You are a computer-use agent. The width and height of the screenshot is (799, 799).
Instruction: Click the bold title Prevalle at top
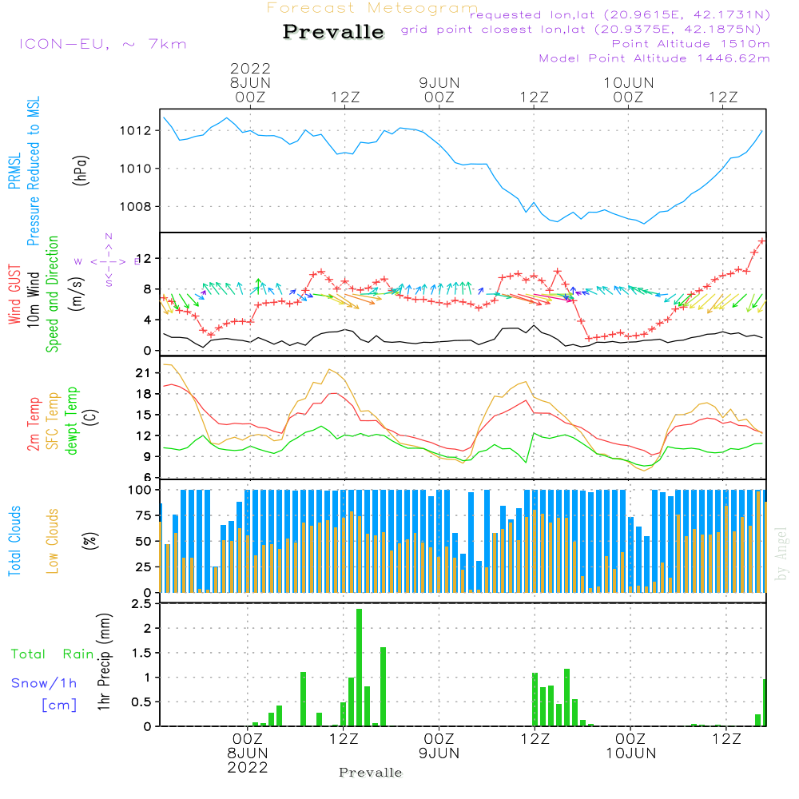(x=333, y=32)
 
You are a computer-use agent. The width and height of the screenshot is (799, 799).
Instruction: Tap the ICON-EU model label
(x=102, y=44)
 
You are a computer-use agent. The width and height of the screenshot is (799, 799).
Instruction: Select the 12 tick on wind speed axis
(x=146, y=259)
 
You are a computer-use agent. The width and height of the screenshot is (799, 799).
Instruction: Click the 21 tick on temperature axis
(x=146, y=373)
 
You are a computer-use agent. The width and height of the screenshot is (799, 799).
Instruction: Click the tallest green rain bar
(x=359, y=667)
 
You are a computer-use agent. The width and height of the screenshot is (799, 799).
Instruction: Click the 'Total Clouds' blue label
(x=14, y=540)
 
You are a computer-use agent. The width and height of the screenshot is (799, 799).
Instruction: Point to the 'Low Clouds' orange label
(x=53, y=540)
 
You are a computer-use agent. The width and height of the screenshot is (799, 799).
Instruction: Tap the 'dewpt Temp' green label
(x=72, y=421)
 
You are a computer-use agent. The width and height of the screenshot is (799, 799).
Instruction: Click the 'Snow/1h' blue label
(x=44, y=683)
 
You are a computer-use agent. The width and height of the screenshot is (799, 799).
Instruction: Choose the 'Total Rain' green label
(x=52, y=654)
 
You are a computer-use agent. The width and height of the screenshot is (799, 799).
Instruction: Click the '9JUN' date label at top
(x=439, y=82)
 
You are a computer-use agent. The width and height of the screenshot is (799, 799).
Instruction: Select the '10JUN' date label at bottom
(x=630, y=753)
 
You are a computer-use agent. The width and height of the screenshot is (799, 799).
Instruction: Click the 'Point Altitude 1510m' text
(x=690, y=43)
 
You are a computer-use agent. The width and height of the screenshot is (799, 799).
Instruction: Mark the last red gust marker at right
(x=762, y=240)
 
